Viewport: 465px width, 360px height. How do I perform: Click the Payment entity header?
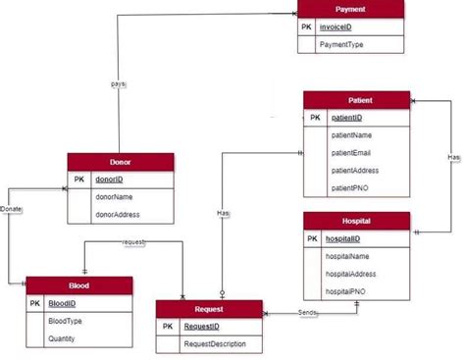pyautogui.click(x=350, y=9)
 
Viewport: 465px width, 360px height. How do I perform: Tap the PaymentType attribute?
pyautogui.click(x=341, y=44)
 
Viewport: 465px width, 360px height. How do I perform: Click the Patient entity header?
pyautogui.click(x=355, y=100)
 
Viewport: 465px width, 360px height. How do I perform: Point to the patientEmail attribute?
pyautogui.click(x=355, y=152)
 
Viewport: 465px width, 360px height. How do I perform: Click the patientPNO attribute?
pyautogui.click(x=352, y=186)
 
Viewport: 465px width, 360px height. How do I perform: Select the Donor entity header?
pyautogui.click(x=120, y=163)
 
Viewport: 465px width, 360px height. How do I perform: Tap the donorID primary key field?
pyautogui.click(x=109, y=180)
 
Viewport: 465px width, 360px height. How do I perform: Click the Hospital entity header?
pyautogui.click(x=355, y=221)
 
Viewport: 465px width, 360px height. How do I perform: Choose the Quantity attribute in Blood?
pyautogui.click(x=65, y=337)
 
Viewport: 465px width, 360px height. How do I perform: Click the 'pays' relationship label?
pyautogui.click(x=118, y=84)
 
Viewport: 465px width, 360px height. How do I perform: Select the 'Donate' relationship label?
pyautogui.click(x=12, y=209)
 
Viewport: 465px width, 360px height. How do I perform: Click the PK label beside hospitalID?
pyautogui.click(x=312, y=238)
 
